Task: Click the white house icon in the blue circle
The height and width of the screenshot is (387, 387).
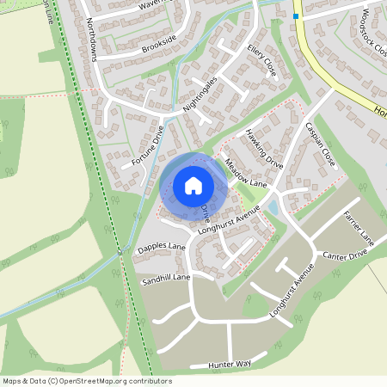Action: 193,185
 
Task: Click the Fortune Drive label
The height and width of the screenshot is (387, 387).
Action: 148,145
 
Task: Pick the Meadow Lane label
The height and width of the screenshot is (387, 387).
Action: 247,172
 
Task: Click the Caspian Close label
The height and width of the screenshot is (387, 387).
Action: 319,144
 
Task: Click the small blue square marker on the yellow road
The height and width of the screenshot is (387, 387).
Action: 296,15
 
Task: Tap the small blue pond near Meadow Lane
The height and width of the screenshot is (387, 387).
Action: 272,208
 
